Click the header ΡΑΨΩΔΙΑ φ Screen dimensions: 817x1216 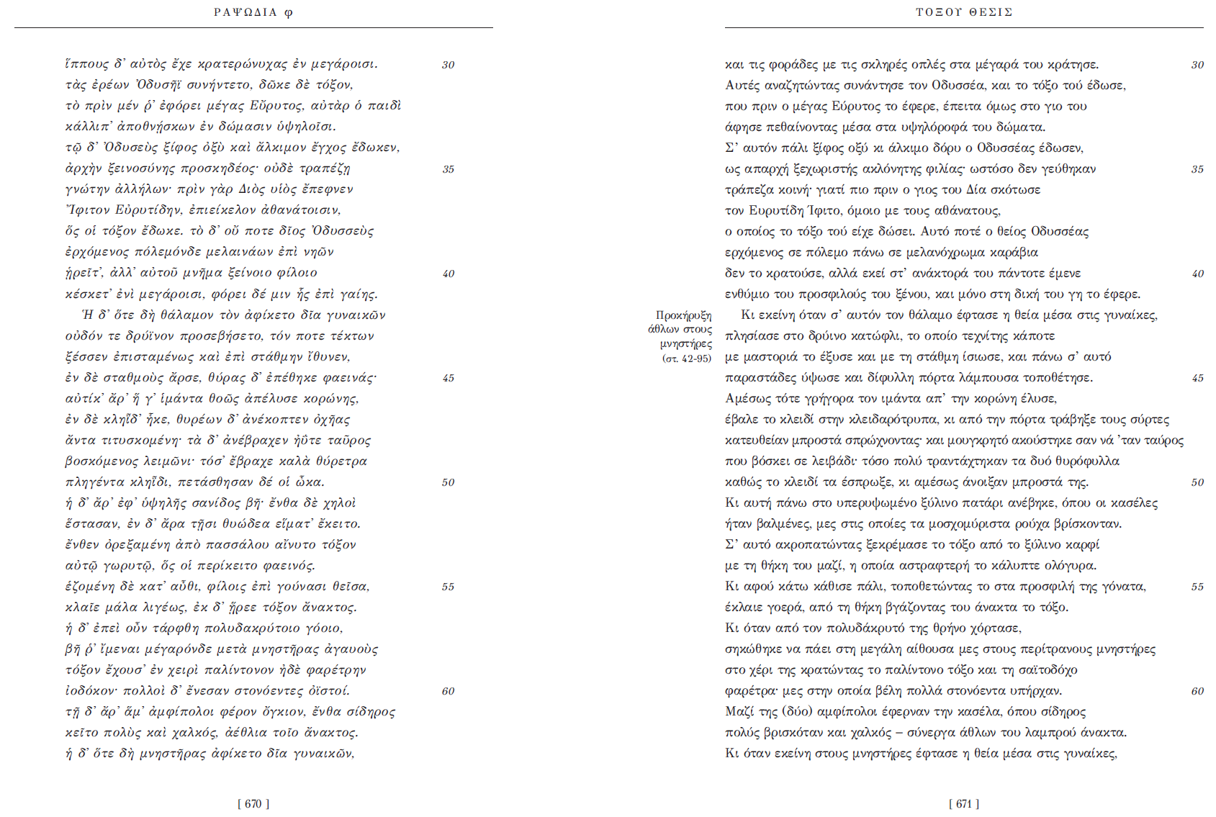click(x=253, y=12)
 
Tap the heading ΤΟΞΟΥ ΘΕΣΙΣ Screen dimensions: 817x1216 click(x=964, y=12)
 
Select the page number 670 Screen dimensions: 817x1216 click(x=253, y=804)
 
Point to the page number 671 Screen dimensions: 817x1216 click(x=964, y=804)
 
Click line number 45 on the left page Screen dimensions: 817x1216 click(x=448, y=379)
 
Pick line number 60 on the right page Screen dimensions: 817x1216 click(x=1197, y=692)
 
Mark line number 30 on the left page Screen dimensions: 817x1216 click(x=448, y=66)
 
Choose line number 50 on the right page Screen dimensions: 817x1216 click(x=1197, y=483)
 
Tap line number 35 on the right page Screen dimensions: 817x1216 click(x=1197, y=170)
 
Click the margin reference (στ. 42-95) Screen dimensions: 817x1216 click(x=686, y=358)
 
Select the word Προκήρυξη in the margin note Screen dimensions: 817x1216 click(x=683, y=315)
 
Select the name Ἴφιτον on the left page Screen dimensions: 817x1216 click(x=87, y=210)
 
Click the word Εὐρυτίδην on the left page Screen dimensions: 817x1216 click(x=148, y=210)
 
